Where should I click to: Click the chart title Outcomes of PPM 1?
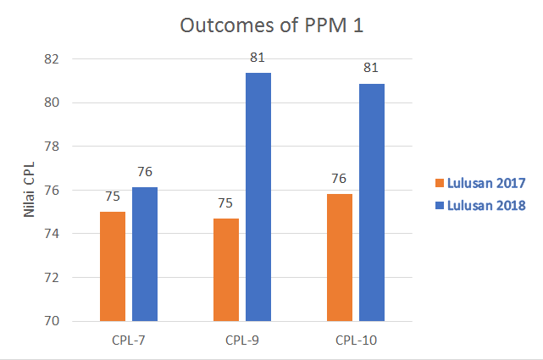coord(272,25)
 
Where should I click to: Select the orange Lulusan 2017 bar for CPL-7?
coord(113,266)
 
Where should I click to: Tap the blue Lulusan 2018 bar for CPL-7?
coord(145,254)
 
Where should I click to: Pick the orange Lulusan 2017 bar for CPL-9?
coord(226,269)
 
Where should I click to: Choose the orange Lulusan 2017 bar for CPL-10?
coord(340,258)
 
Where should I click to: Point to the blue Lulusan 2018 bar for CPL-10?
coord(372,202)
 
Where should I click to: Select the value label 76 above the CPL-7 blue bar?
coord(145,173)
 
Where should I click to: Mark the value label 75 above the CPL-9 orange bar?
coord(226,204)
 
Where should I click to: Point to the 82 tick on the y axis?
coord(53,59)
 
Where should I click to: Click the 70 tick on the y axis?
coord(53,321)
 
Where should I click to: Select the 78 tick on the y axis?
coord(53,147)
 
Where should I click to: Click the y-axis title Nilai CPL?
coord(29,191)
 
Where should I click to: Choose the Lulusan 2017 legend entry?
coord(480,182)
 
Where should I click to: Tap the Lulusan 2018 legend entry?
coord(480,205)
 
